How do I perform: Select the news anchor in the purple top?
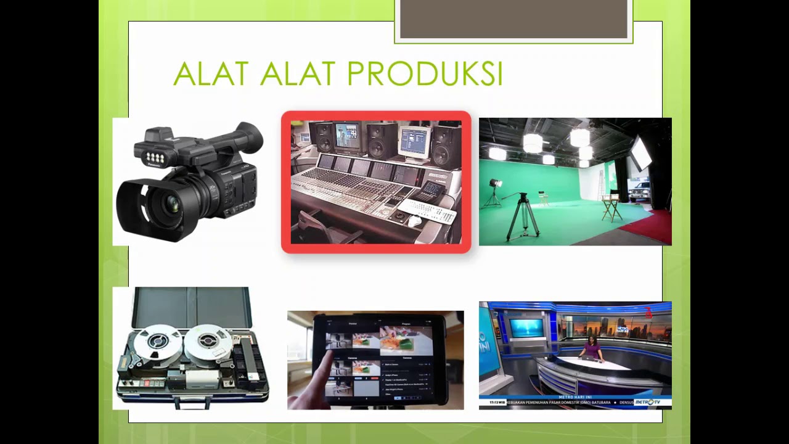pos(592,348)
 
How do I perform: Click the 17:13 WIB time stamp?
pos(497,403)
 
